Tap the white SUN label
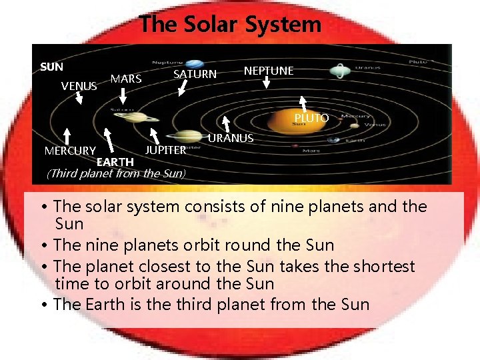click(51, 67)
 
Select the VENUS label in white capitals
click(79, 86)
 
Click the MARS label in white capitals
click(126, 79)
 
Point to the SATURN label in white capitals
click(195, 74)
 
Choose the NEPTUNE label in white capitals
click(269, 71)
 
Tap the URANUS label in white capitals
click(231, 138)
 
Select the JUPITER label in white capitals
click(165, 150)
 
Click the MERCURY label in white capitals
click(70, 151)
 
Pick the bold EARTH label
click(115, 162)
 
